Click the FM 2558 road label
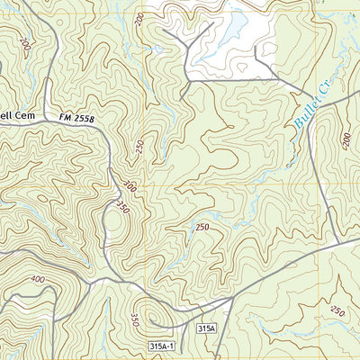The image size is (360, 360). [x=76, y=118]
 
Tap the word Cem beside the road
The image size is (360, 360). [x=24, y=117]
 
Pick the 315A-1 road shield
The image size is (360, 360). [x=158, y=346]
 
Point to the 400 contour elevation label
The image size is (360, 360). [x=36, y=280]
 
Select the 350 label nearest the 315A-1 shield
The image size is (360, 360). [x=133, y=319]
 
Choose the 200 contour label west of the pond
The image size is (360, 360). [x=138, y=19]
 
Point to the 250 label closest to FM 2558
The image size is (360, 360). [x=139, y=147]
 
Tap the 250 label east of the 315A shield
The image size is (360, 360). [x=337, y=311]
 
